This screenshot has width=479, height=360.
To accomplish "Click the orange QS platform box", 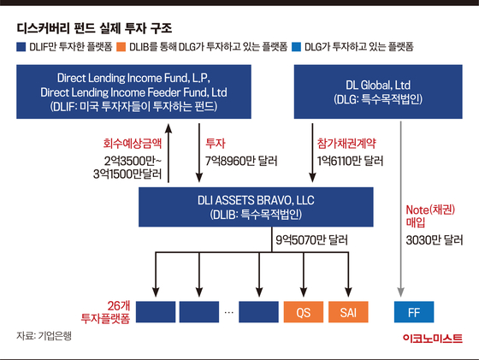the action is [x=304, y=312].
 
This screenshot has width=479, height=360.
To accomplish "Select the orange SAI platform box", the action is [x=348, y=312].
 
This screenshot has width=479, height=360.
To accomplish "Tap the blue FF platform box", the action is [x=414, y=312].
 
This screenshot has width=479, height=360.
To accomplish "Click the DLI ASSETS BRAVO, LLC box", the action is [x=256, y=207].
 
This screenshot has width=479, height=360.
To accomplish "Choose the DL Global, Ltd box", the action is [x=378, y=91].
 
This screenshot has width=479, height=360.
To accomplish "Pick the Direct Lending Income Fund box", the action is [x=133, y=91].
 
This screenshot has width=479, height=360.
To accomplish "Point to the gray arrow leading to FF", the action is [x=401, y=210].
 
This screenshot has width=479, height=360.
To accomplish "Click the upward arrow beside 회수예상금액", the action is [x=169, y=153].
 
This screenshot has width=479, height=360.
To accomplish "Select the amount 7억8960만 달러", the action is [x=241, y=161].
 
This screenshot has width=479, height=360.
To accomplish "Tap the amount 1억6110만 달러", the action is [x=350, y=161].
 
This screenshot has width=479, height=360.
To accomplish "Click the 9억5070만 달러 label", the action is [x=312, y=240].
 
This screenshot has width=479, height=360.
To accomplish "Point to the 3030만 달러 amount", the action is [x=435, y=240].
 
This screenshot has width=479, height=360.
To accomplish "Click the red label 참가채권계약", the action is [x=346, y=143].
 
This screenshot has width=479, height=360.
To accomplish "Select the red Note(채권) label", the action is [x=430, y=210].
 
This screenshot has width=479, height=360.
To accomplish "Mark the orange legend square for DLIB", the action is [x=121, y=47].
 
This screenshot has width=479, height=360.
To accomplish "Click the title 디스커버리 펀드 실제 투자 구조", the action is [x=94, y=28].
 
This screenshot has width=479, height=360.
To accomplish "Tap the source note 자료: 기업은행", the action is [x=44, y=336].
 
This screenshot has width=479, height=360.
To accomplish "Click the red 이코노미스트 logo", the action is [x=433, y=339].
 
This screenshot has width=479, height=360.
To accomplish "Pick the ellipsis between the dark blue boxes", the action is [x=229, y=312].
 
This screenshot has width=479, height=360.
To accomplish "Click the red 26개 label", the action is [x=119, y=305].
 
